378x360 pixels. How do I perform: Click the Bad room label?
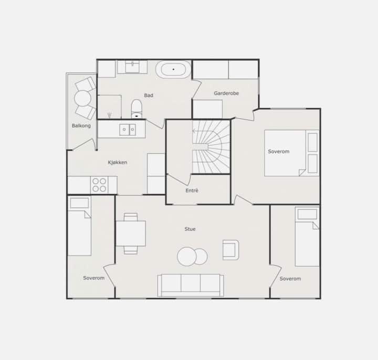149,95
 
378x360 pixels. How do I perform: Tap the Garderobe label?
226,93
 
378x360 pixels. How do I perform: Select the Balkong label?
81,125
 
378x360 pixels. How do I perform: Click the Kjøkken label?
118,162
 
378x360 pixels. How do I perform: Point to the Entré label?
192,190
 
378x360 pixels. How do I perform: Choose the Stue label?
190,229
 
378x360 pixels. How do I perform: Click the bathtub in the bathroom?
173,69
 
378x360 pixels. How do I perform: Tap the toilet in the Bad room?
136,109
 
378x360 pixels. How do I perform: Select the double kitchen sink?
128,130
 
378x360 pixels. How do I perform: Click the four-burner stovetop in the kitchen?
99,185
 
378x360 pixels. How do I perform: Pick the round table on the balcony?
83,98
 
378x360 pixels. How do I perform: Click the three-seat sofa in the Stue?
191,285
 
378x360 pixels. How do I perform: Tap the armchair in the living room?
230,250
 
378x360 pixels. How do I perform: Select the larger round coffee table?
186,257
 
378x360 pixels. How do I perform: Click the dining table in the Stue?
131,233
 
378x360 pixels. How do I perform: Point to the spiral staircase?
211,147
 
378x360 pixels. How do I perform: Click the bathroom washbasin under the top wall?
132,67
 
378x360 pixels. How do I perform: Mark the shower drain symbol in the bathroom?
109,115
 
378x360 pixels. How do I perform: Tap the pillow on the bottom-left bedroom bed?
79,204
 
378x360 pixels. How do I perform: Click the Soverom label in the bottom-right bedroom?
290,279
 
